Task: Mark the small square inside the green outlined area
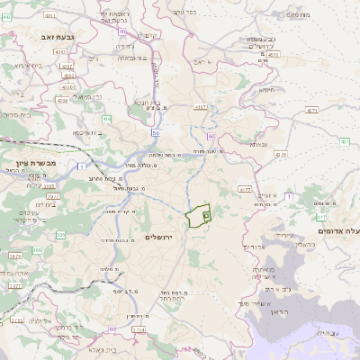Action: (x=206, y=215)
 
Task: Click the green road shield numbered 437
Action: (x=345, y=141)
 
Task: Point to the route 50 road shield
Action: (x=157, y=133)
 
